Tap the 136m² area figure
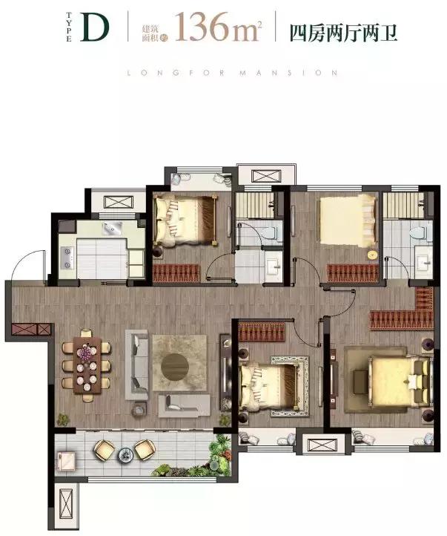(x=219, y=27)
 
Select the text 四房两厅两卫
(x=344, y=33)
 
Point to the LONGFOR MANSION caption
(x=232, y=73)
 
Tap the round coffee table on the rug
(x=175, y=367)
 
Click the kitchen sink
(x=113, y=228)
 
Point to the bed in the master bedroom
(x=400, y=381)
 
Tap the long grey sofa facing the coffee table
(x=137, y=365)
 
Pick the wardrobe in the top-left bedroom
(x=176, y=273)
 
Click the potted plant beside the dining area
(x=63, y=419)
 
